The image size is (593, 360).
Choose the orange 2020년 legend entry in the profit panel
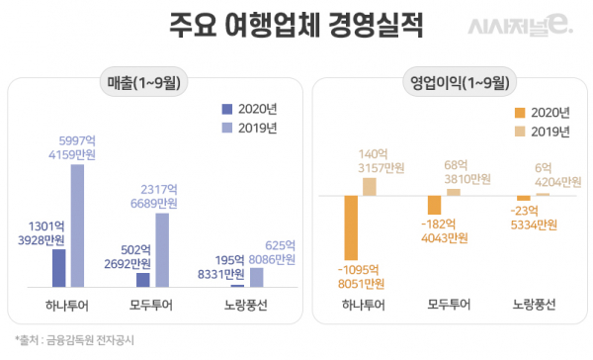(x=543, y=113)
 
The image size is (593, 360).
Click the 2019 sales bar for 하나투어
(x=77, y=225)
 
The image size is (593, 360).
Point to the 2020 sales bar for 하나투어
(x=58, y=268)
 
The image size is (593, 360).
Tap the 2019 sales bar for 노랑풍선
(x=256, y=278)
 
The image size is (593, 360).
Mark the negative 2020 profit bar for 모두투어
(x=434, y=205)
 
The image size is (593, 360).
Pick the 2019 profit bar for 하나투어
(x=370, y=186)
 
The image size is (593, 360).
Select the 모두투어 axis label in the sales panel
(x=153, y=304)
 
